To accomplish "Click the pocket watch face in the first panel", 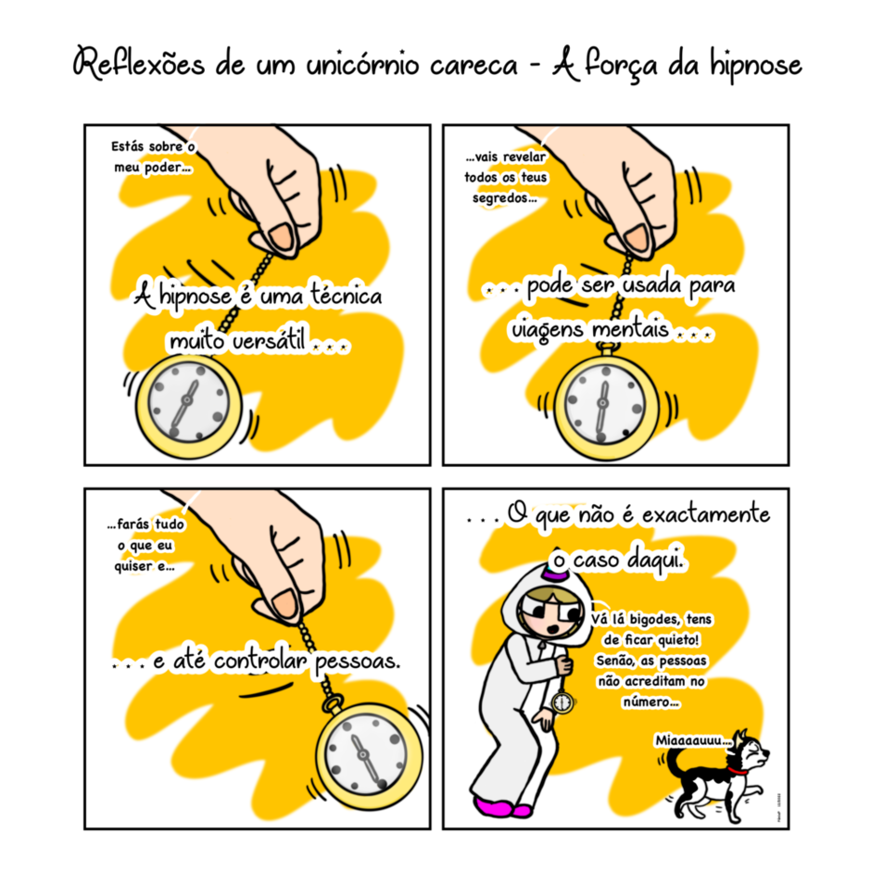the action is click(x=188, y=402).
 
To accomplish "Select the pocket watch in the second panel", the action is click(x=605, y=404).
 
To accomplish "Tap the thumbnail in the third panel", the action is click(x=286, y=603).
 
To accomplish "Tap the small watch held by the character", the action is click(x=562, y=702).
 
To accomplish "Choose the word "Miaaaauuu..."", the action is click(x=693, y=740).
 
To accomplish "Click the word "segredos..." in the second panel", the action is click(x=504, y=198).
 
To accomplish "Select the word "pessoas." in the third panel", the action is click(x=358, y=661).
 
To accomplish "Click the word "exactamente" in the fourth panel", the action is click(x=706, y=514).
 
